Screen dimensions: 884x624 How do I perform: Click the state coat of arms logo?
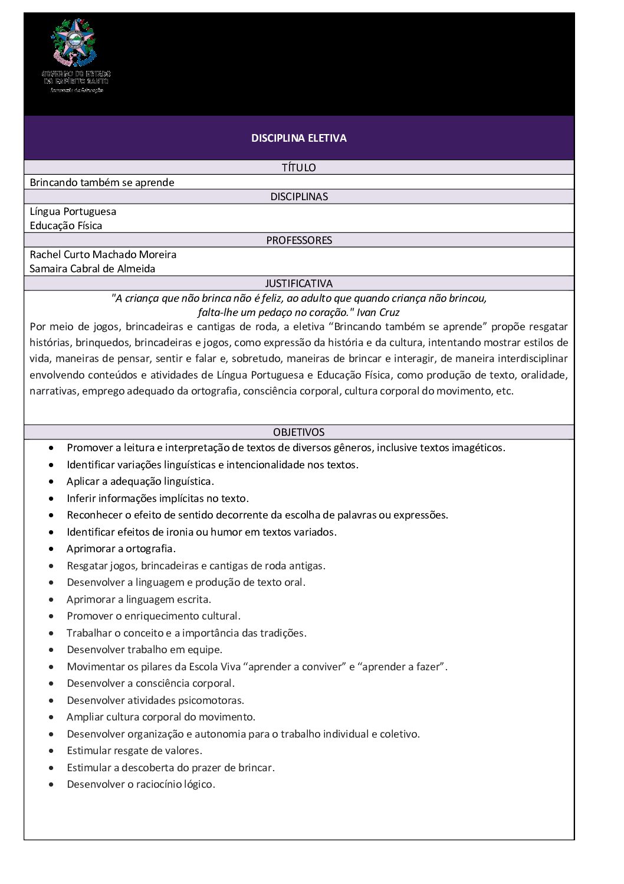[x=74, y=42]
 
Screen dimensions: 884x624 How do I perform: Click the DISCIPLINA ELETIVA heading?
[x=298, y=138]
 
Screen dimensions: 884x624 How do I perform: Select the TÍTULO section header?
[x=298, y=168]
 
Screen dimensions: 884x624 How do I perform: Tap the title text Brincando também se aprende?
[x=102, y=182]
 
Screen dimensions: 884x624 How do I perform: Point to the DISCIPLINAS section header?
[x=298, y=197]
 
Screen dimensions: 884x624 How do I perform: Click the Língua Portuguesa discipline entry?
[x=73, y=211]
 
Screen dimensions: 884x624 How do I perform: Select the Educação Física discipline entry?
[x=66, y=226]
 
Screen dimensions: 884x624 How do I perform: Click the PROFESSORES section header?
[x=298, y=240]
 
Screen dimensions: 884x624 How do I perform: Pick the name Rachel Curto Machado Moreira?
[x=103, y=255]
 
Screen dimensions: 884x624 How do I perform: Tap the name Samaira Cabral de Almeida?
[x=93, y=269]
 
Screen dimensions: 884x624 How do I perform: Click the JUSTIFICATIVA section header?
[x=298, y=283]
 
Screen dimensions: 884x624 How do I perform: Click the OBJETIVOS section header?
[x=298, y=432]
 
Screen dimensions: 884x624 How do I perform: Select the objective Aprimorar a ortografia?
[x=121, y=549]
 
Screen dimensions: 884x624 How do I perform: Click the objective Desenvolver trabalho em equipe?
[x=144, y=650]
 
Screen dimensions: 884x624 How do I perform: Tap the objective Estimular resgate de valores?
[x=134, y=751]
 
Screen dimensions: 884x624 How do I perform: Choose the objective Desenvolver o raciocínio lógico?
[x=141, y=784]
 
